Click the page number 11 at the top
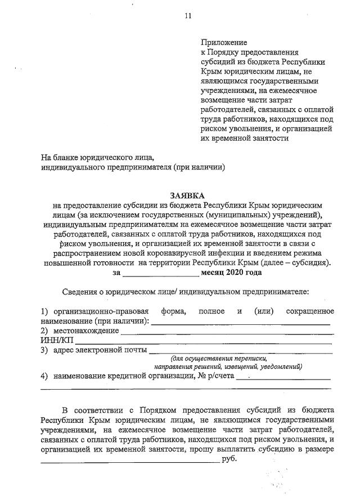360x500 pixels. [x=188, y=16]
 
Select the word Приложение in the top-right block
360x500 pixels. [x=224, y=42]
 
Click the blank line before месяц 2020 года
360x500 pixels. [x=161, y=273]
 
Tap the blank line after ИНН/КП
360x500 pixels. [x=202, y=341]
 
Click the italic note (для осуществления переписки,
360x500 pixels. [x=219, y=359]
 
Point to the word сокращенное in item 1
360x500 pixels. [x=309, y=311]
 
